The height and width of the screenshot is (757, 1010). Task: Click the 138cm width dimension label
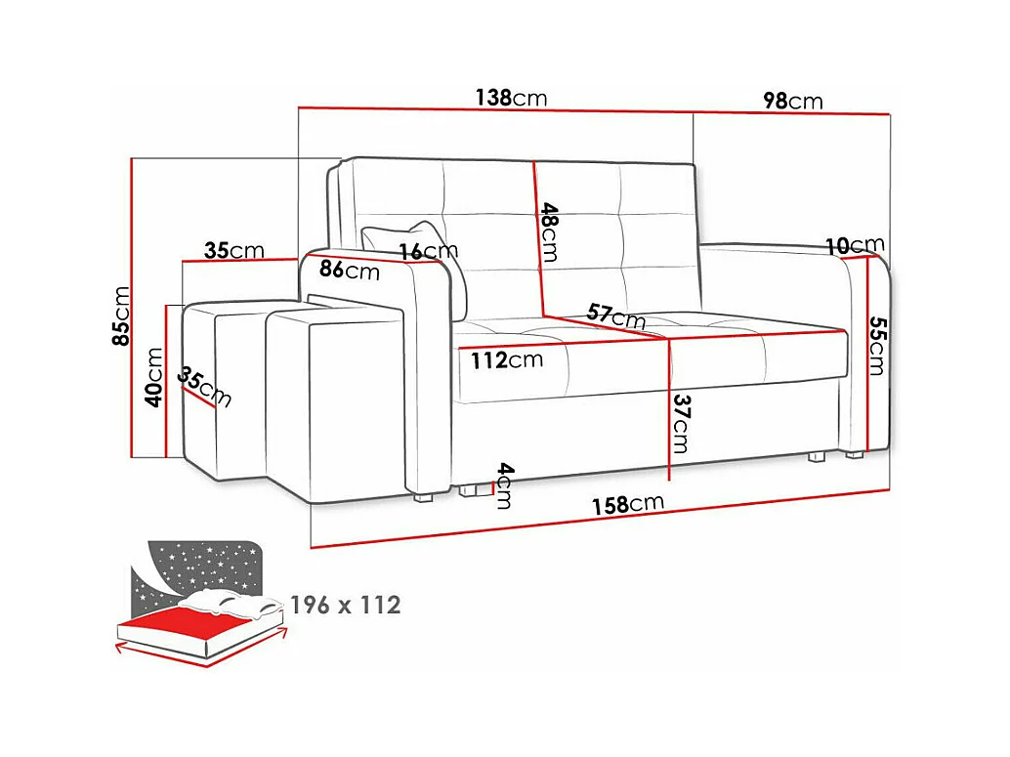[x=510, y=98]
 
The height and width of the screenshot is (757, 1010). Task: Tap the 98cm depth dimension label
[x=792, y=102]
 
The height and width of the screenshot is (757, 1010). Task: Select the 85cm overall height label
[x=122, y=316]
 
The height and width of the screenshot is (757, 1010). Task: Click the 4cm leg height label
[x=503, y=484]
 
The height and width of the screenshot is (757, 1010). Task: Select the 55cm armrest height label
[x=876, y=346]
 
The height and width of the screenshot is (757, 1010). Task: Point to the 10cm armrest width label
[x=854, y=245]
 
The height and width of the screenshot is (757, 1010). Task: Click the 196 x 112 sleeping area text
[x=345, y=605]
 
